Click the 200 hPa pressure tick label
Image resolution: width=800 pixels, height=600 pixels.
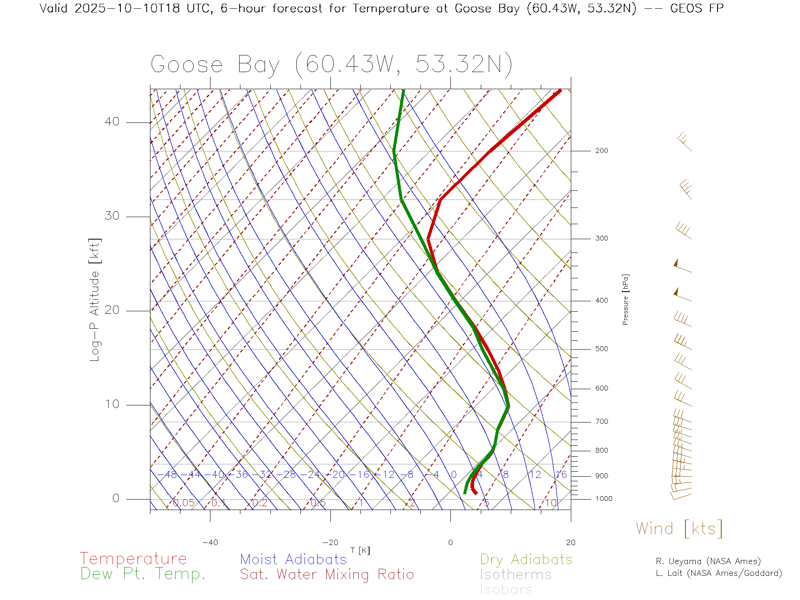click(601, 151)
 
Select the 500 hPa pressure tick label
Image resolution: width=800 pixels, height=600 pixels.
click(601, 349)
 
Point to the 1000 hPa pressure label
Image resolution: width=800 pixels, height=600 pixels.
click(604, 499)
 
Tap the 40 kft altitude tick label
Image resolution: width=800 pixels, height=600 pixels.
click(112, 122)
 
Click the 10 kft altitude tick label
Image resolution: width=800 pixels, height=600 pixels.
click(112, 404)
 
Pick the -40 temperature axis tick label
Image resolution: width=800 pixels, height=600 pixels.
click(210, 542)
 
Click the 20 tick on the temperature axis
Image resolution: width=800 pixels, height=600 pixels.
click(570, 542)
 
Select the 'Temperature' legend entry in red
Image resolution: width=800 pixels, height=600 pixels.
click(133, 559)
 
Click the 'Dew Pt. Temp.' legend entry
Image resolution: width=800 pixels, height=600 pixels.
click(143, 574)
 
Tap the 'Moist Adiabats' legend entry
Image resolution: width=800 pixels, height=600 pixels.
click(294, 560)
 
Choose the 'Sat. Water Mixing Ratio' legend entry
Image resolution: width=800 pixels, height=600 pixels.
click(327, 575)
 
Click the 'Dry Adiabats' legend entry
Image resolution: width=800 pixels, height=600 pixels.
click(526, 560)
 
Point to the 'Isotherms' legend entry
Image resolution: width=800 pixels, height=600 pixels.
click(516, 575)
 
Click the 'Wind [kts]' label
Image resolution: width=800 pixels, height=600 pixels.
click(679, 529)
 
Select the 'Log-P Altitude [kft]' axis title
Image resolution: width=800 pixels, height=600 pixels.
click(95, 300)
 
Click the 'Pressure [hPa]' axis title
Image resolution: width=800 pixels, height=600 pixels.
click(625, 299)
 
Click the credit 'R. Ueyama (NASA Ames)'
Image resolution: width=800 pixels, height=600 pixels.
click(708, 561)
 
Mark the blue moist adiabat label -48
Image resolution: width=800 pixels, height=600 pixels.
click(168, 475)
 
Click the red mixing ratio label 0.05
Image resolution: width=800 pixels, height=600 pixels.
click(183, 503)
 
